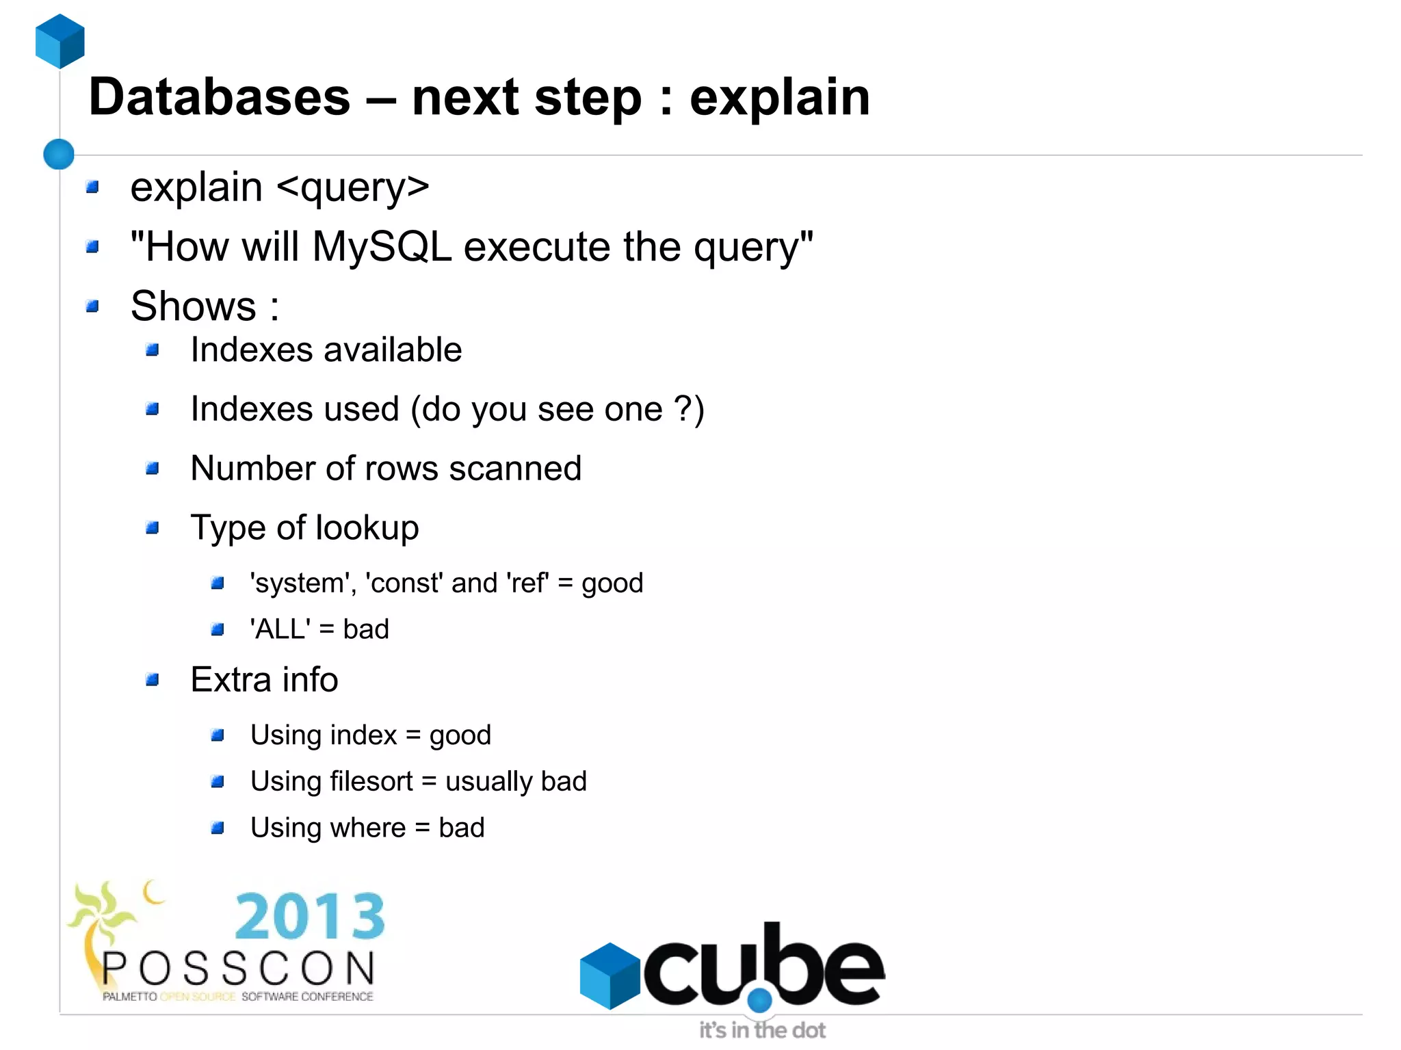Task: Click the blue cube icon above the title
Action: (x=60, y=41)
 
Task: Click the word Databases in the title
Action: (x=220, y=97)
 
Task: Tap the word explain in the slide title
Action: (x=779, y=97)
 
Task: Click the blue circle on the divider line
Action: (x=59, y=154)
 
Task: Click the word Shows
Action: (x=194, y=306)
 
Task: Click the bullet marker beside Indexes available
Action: (x=153, y=350)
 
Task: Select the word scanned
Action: (x=515, y=469)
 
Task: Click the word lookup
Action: (x=367, y=528)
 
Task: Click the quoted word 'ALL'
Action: (x=280, y=629)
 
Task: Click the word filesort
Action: (x=371, y=781)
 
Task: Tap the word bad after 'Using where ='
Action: (x=462, y=828)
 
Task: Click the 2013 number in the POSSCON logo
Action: (x=310, y=916)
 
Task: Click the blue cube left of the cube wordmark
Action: (x=610, y=975)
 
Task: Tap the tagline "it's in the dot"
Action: (x=762, y=1030)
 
